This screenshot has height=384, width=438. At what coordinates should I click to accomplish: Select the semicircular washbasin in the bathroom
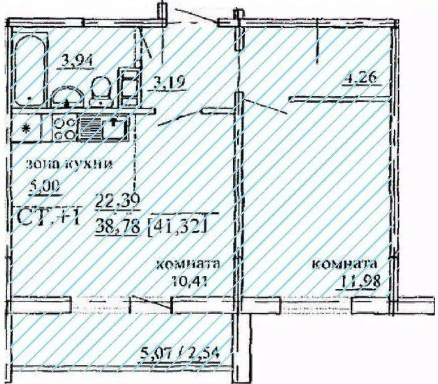point(67,98)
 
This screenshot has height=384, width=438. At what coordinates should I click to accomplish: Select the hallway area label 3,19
point(168,83)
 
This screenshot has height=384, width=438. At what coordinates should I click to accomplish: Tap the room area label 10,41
point(185,283)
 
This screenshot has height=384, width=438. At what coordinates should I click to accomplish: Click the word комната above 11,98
point(345,265)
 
